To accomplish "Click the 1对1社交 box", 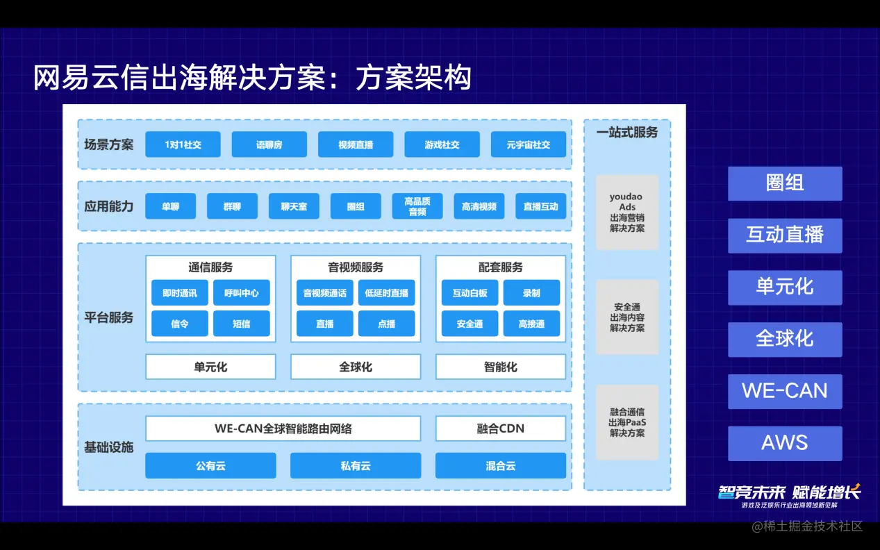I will point(183,144).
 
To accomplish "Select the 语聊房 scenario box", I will point(269,144).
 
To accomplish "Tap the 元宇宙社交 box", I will point(528,144).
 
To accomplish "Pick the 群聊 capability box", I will point(232,206).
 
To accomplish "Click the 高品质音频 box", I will point(417,206).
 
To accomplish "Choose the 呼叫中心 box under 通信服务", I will point(241,293).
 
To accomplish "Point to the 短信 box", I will point(241,324).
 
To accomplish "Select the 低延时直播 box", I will point(386,293).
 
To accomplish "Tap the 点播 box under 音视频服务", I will point(386,324).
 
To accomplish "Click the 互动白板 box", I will point(470,293).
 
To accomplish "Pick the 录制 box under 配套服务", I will point(531,293).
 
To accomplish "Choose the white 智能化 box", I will point(500,367).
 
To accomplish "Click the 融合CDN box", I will point(500,428).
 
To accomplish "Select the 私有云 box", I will point(355,465).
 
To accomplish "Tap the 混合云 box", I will point(500,465).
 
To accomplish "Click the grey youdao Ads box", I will point(627,212).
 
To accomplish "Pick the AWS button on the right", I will point(785,443).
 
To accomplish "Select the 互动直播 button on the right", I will point(785,235).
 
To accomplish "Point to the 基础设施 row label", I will point(108,447).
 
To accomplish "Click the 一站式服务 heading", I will point(627,132).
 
